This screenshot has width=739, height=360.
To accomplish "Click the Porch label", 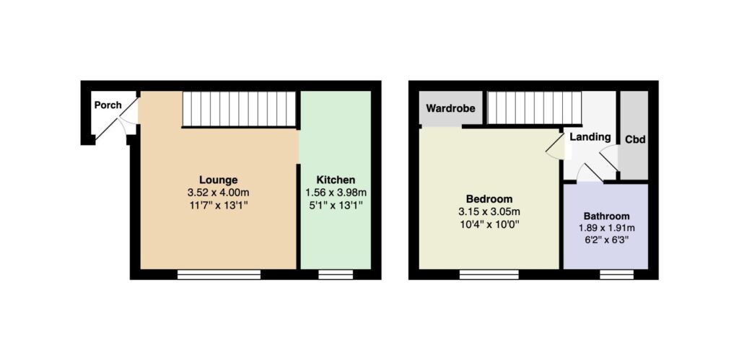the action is point(108,105).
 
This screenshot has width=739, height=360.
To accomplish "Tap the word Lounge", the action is point(218,180).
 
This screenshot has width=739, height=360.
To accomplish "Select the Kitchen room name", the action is point(336,180).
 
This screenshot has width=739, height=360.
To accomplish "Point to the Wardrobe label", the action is point(450,108).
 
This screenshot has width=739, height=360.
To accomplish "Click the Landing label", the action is point(590,137).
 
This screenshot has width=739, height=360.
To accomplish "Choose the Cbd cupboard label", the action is point(635,140).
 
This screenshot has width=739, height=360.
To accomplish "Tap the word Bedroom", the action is point(489,198).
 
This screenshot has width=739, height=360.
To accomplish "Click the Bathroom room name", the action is point(606,216).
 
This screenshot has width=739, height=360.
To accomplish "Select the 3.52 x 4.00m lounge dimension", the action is point(218,192).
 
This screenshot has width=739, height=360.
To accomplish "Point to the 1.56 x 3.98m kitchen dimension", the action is point(336,192).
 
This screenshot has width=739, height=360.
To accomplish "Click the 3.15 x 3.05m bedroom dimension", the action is point(489,211).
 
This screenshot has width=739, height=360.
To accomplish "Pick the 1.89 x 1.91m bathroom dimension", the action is point(606,229).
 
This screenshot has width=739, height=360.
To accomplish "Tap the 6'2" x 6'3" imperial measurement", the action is point(606,240).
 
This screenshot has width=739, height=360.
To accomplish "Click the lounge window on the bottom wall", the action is point(219,274).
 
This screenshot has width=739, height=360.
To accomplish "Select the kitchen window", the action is point(336,274).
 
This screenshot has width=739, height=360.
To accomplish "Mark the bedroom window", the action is point(489,274).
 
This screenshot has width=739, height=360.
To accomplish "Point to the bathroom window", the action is point(617,274).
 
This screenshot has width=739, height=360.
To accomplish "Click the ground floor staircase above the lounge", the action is point(239,110).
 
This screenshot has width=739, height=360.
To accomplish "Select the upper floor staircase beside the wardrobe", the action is point(535,108).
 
